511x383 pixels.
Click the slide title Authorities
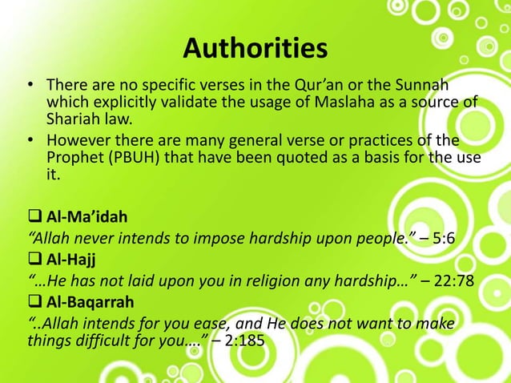(x=255, y=49)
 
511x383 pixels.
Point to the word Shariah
(x=71, y=120)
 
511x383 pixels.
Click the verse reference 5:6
(x=433, y=238)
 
